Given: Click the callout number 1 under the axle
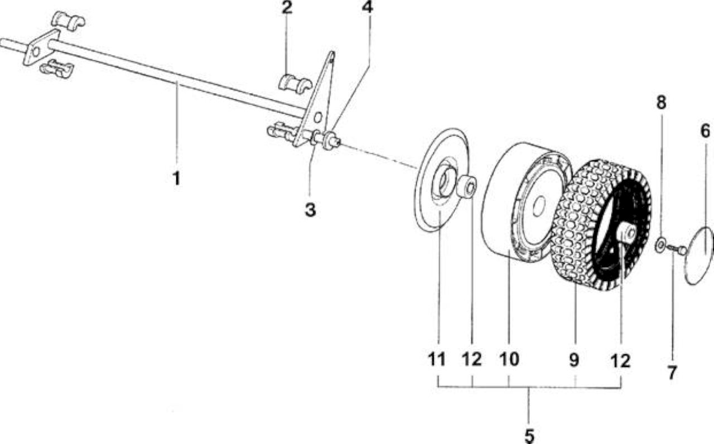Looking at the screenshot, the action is (177, 178).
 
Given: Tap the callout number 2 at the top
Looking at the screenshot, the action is (287, 7).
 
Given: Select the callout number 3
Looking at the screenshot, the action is (310, 210).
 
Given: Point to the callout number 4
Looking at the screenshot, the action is (368, 7).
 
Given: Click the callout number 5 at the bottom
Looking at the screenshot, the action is (529, 436).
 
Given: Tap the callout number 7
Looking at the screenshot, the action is (672, 373).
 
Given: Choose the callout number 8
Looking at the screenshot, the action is (661, 102).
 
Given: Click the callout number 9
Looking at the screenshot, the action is (574, 360).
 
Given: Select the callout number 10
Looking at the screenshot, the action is (509, 359).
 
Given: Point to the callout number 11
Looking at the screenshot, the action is (436, 360).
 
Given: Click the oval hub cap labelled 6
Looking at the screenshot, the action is (699, 255).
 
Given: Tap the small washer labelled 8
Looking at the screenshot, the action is (660, 245).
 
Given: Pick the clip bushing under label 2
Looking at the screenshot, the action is (295, 84).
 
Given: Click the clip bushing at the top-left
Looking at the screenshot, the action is (68, 22).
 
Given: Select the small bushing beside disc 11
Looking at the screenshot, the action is (466, 186).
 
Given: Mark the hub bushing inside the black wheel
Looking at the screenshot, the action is (625, 233).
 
